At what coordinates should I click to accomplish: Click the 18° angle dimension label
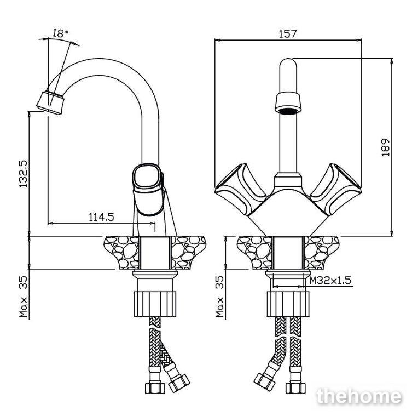(60, 33)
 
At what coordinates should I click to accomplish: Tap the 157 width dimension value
(288, 34)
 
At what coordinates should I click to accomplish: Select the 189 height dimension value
(386, 147)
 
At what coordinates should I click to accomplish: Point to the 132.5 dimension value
(24, 174)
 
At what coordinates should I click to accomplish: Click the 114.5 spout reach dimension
(101, 217)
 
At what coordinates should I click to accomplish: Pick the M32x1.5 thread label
(330, 280)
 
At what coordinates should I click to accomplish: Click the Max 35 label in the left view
(24, 297)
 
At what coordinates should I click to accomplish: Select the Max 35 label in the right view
(220, 297)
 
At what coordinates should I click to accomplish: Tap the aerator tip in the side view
(50, 104)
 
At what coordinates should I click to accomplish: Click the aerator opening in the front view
(288, 111)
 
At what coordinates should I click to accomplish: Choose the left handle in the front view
(240, 190)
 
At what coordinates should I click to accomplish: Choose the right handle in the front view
(336, 190)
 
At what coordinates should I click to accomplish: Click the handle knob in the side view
(148, 189)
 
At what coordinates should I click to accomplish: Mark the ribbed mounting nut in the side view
(155, 304)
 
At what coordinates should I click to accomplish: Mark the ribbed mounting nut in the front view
(288, 304)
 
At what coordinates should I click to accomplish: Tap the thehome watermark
(359, 396)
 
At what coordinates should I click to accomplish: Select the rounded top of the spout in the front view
(288, 64)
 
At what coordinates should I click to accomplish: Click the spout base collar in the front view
(288, 180)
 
